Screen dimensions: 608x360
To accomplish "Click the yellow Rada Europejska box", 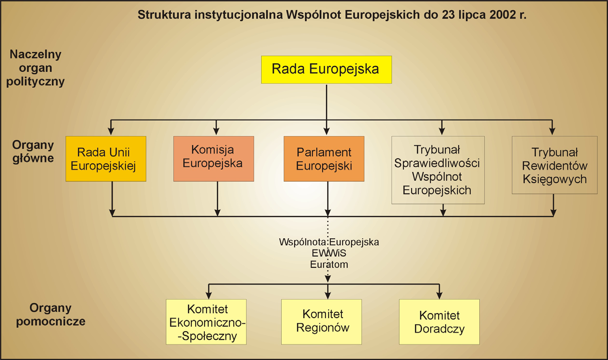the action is click(326, 70).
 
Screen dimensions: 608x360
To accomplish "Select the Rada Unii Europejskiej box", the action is click(106, 159).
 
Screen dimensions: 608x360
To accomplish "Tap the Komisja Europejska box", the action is click(214, 159).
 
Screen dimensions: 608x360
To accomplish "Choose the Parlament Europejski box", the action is click(324, 159).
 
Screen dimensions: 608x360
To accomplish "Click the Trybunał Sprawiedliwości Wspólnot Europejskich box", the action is click(438, 170).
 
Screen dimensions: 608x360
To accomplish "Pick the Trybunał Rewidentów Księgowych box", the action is click(554, 165).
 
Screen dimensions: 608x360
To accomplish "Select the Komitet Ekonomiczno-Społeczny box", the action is click(206, 322).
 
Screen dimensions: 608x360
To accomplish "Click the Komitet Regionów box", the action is click(321, 322).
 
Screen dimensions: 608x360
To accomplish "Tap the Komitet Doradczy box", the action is click(439, 322).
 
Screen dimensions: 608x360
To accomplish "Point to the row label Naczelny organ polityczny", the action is click(35, 68).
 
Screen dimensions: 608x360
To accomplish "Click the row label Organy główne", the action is click(33, 152).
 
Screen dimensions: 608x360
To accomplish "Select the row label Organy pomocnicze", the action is click(51, 315).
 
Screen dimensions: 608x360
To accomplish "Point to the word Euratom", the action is click(329, 264).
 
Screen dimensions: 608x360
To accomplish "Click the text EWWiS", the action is click(329, 253).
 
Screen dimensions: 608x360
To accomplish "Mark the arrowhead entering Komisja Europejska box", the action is click(216, 131).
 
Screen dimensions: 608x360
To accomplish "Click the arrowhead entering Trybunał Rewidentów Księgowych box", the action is click(552, 131).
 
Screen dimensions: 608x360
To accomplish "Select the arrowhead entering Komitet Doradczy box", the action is click(439, 296).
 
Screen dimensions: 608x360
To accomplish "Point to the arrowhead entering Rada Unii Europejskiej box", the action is click(111, 131).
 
